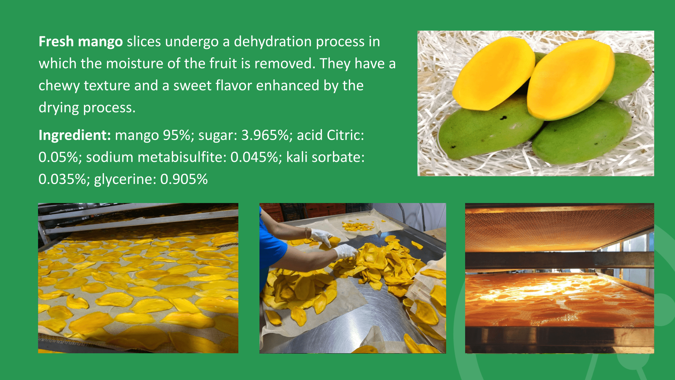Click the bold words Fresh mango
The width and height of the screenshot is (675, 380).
pos(81,42)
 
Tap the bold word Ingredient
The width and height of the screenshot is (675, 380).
pos(75,135)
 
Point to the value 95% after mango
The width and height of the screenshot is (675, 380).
pos(178,135)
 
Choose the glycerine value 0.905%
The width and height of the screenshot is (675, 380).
pos(184,179)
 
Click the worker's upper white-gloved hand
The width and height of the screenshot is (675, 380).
pos(322,236)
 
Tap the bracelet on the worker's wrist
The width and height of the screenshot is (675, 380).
pos(306,232)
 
